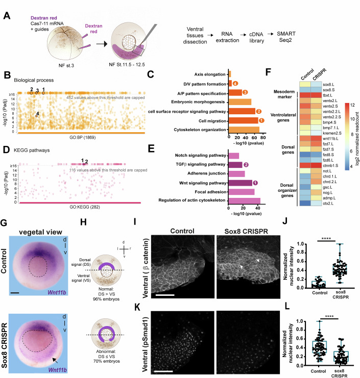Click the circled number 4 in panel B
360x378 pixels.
pos(37,115)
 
